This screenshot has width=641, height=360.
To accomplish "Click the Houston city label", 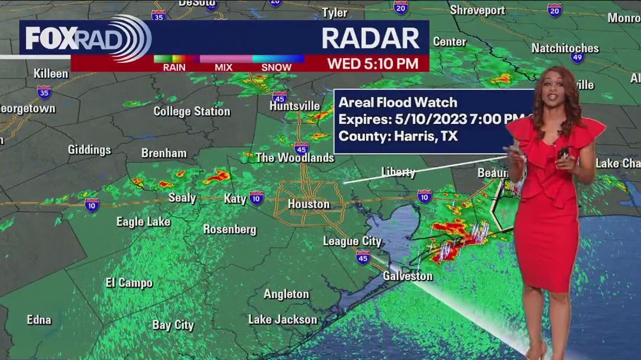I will [x=308, y=204].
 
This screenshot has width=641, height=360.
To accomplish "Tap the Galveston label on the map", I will [x=408, y=276].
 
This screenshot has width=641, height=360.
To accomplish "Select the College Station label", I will [x=192, y=111].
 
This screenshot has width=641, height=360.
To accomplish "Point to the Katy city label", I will [x=235, y=198].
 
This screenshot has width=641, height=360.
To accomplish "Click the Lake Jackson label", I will [x=283, y=320].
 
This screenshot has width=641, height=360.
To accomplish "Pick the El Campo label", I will [x=129, y=282].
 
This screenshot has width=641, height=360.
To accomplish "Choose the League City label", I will [x=352, y=241].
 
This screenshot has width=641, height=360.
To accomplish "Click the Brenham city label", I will [x=164, y=153].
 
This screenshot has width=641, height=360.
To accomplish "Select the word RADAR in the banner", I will [x=371, y=38].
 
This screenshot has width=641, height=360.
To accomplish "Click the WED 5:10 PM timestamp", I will [x=372, y=63].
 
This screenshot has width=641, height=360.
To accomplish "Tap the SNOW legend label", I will [x=276, y=67].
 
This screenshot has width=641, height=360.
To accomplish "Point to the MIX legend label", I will [x=223, y=67].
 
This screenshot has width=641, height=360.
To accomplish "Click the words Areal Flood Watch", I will [x=398, y=102].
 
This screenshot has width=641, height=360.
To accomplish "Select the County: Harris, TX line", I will [x=398, y=137].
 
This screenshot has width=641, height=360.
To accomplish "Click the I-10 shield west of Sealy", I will [x=92, y=204].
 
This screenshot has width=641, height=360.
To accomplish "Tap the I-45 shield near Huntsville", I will [x=280, y=97].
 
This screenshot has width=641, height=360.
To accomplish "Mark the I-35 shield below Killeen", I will [x=43, y=92].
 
